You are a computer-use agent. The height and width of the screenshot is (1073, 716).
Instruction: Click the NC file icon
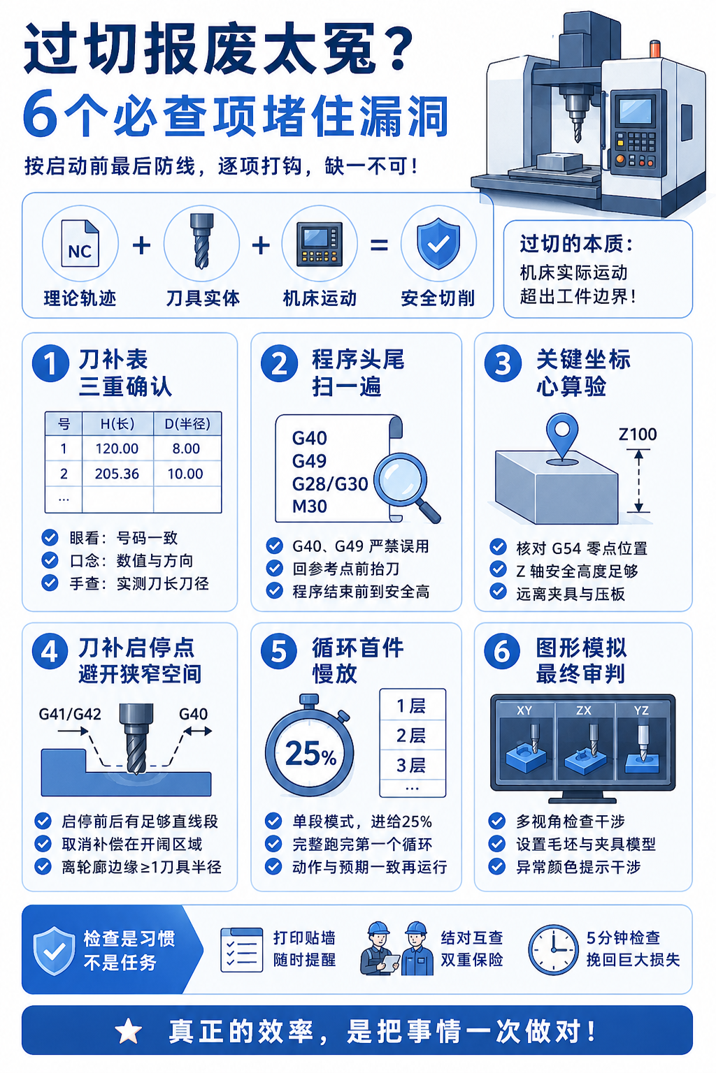tap(80, 243)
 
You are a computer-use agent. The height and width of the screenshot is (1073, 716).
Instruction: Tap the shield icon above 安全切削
tap(438, 243)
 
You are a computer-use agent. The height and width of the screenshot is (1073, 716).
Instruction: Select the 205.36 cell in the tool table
tap(117, 474)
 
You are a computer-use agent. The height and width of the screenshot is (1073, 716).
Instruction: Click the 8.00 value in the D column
tap(186, 448)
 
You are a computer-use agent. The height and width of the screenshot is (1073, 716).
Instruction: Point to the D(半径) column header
tap(187, 423)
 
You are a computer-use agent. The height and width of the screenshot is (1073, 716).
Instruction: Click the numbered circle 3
tap(503, 363)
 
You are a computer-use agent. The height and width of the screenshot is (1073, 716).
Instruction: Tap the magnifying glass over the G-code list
tap(407, 487)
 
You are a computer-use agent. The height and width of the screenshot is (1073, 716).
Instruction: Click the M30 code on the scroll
tap(310, 506)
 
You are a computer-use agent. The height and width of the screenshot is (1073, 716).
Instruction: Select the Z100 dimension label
tap(638, 434)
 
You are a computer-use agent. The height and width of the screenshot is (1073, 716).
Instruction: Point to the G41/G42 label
tap(70, 714)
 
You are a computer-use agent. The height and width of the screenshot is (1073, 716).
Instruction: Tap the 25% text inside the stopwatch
tap(310, 753)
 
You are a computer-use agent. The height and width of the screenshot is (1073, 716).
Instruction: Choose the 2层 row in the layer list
tap(411, 736)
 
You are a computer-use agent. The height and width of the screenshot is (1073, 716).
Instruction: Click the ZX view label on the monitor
tap(584, 710)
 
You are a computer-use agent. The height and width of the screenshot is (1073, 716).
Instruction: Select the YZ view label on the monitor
tap(641, 710)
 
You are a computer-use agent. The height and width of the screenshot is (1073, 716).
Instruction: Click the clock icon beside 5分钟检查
tap(553, 949)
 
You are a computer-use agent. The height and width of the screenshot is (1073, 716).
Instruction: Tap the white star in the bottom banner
tap(128, 1031)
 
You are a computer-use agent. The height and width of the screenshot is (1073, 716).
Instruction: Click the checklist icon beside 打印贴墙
tap(242, 950)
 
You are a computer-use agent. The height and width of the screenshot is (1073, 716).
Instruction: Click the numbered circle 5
tap(278, 652)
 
